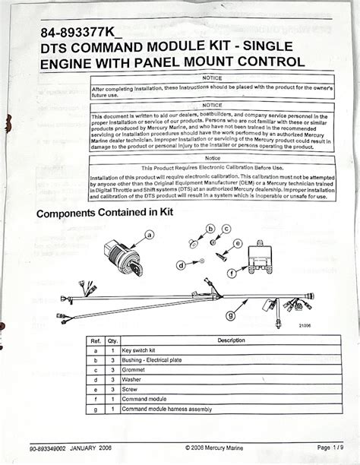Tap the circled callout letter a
pyautogui.click(x=150, y=236)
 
